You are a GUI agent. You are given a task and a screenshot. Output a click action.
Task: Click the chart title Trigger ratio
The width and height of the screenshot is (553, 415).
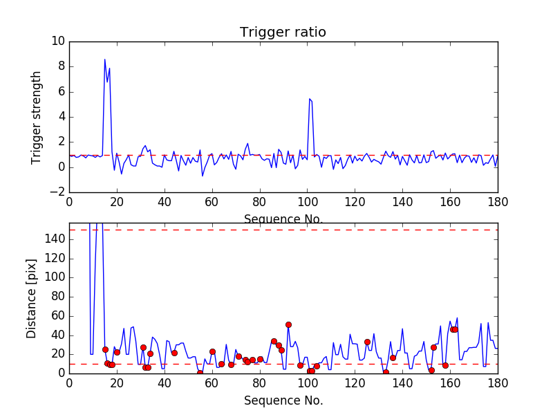pyautogui.click(x=283, y=33)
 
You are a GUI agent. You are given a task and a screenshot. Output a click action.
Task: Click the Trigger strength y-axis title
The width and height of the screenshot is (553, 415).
pyautogui.click(x=37, y=117)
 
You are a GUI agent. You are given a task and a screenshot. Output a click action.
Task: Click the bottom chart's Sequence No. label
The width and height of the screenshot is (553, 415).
pyautogui.click(x=283, y=400)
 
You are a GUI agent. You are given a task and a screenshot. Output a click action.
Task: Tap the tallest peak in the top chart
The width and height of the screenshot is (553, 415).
pyautogui.click(x=105, y=59)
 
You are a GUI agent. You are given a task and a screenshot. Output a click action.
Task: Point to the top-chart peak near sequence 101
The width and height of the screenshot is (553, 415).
pyautogui.click(x=309, y=99)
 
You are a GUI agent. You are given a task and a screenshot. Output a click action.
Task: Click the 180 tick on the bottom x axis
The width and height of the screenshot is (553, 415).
pyautogui.click(x=498, y=383)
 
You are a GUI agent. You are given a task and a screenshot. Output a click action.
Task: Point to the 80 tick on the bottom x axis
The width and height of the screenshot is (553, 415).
pyautogui.click(x=259, y=383)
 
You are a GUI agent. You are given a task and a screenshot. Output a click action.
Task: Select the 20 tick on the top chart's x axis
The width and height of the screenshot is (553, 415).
pyautogui.click(x=117, y=203)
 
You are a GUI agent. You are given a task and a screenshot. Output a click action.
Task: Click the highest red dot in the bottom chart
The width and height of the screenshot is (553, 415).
pyautogui.click(x=288, y=324)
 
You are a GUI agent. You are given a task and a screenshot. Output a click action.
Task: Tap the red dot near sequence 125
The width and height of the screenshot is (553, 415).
pyautogui.click(x=367, y=342)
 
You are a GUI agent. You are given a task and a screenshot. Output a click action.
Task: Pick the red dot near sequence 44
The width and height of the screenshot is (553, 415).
pyautogui.click(x=174, y=353)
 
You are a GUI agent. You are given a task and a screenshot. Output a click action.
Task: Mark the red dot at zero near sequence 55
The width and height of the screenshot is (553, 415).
pyautogui.click(x=200, y=373)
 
